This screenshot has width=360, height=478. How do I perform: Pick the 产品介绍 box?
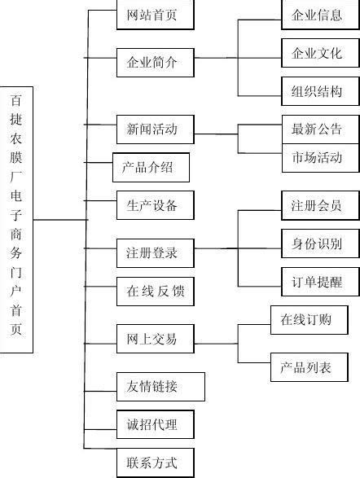tap(151, 169)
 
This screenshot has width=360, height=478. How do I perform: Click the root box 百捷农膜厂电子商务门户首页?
tap(17, 220)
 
